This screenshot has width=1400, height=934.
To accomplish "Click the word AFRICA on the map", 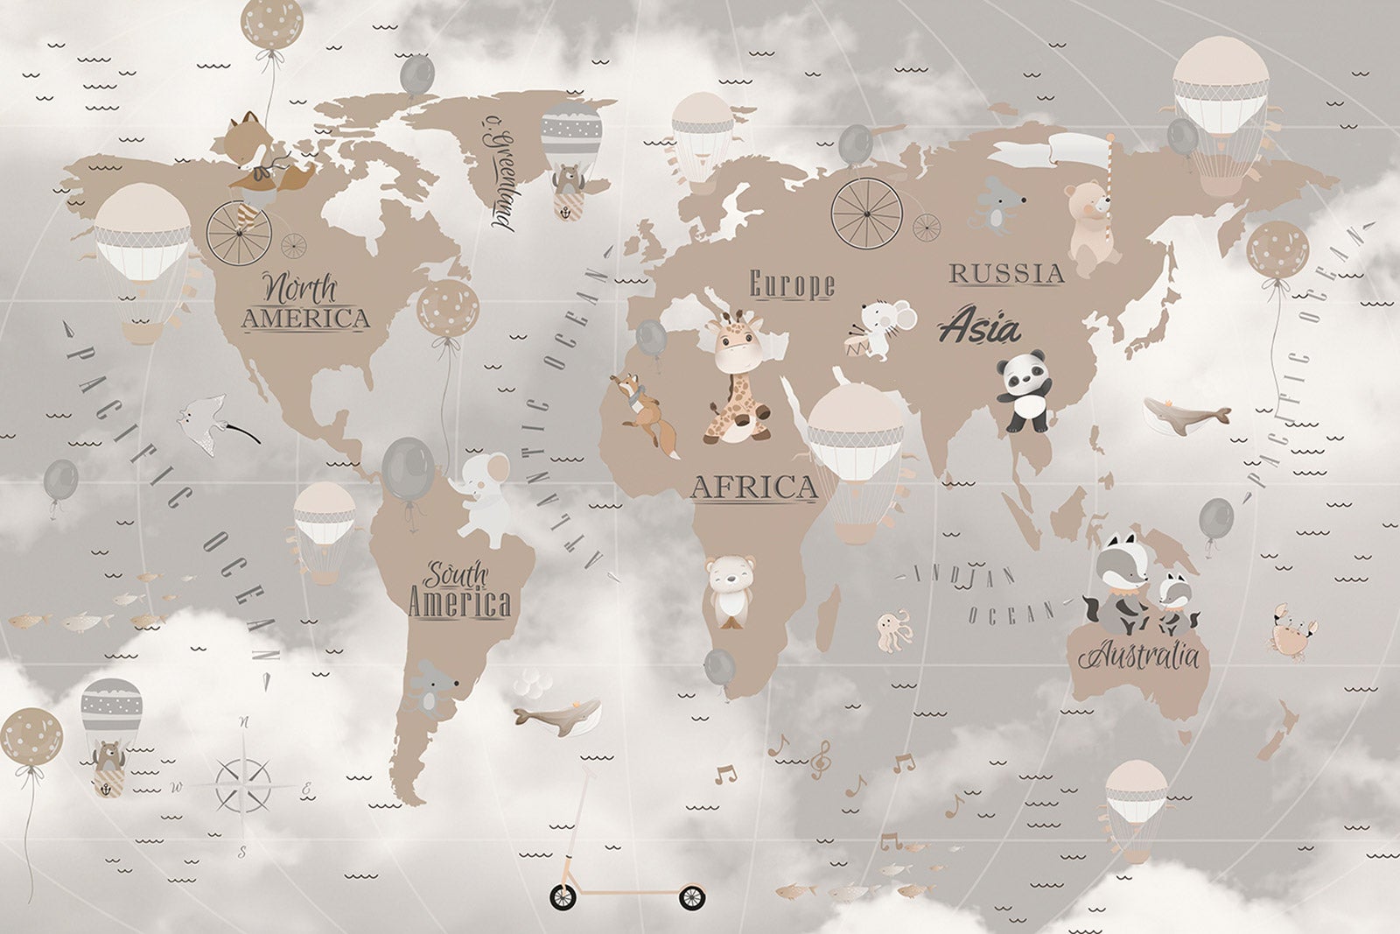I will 753,487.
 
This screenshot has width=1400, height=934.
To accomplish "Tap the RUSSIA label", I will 1006,273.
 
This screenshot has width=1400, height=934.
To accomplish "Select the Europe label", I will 792,284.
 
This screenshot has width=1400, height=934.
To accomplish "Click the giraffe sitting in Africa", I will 737,376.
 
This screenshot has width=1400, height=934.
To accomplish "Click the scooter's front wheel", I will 691,897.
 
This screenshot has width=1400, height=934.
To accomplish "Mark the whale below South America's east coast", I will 556,713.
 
